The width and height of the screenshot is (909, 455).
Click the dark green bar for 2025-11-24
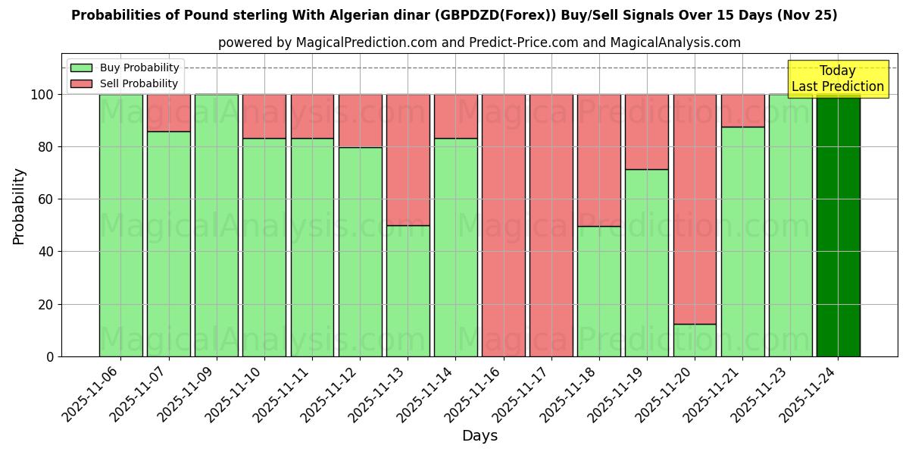coord(838,225)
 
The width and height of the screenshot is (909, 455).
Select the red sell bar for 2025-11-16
coord(503,225)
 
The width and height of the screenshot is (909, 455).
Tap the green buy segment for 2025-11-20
coord(695,340)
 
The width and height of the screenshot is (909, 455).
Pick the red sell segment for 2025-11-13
coord(408,159)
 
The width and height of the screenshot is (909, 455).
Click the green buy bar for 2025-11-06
coord(120,225)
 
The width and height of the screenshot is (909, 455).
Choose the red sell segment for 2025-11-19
coord(647,131)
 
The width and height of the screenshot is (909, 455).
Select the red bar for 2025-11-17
coord(551,225)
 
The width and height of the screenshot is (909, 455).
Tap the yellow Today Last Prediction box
coord(837,79)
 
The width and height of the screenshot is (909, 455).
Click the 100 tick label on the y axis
coord(42,95)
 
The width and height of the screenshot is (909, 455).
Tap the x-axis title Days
coord(479,436)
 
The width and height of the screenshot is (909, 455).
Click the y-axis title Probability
coord(19,206)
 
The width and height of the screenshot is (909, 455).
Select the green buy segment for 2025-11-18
coord(598,291)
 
